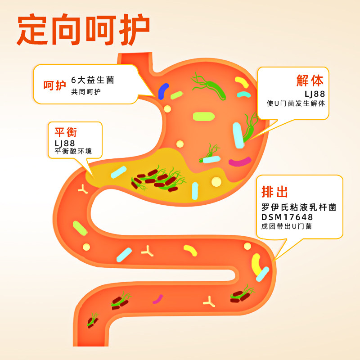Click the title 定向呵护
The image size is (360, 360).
click(x=83, y=31)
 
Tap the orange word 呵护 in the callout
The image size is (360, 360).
click(x=54, y=85)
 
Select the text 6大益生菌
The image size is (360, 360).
click(x=93, y=81)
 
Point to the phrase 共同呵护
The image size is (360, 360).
click(x=86, y=92)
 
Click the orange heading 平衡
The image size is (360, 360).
click(x=66, y=132)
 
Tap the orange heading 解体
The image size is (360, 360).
click(x=310, y=81)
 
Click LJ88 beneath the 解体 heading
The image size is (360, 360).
click(x=315, y=94)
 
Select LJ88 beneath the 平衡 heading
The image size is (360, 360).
click(x=65, y=143)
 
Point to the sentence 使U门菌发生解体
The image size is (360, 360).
click(x=296, y=103)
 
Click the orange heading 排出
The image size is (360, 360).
click(x=274, y=192)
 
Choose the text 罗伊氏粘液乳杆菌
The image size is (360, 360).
click(x=299, y=207)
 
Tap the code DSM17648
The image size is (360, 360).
click(x=287, y=217)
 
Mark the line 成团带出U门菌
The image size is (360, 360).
click(x=287, y=226)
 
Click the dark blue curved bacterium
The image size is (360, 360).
click(x=163, y=90)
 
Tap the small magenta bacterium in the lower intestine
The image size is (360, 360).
click(x=158, y=299)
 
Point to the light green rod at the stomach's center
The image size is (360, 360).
click(x=203, y=117)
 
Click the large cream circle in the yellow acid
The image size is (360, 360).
click(x=216, y=182)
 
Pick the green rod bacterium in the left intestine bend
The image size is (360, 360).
click(x=80, y=228)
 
